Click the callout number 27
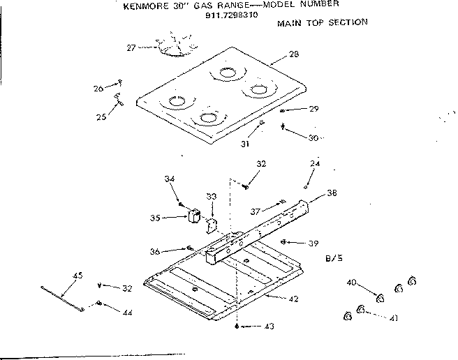[131, 47]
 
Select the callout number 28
[293, 54]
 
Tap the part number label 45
[77, 275]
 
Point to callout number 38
[331, 192]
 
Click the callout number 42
[293, 299]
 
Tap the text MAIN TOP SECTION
[323, 22]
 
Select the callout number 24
[315, 165]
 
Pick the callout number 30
[313, 138]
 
